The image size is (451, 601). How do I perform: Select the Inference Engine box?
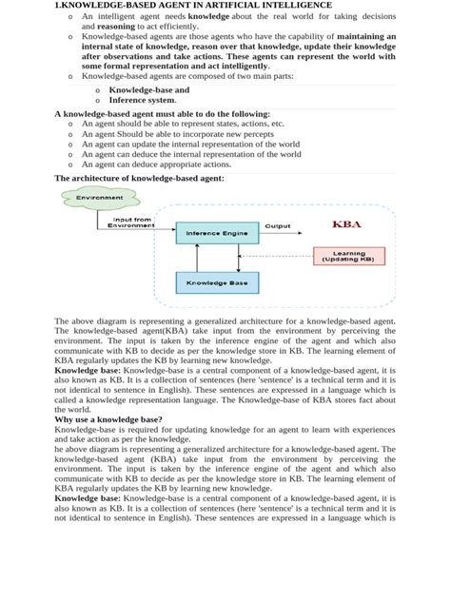[x=217, y=233]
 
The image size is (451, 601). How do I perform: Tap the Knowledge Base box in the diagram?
[x=217, y=282]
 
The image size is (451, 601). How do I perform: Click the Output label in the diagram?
[x=278, y=226]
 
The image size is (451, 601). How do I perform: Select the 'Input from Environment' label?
[x=130, y=222]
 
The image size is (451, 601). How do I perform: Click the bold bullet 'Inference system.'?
[x=142, y=100]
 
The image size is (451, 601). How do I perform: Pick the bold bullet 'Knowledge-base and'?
[x=148, y=89]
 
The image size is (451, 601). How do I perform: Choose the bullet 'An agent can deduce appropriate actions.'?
[x=159, y=164]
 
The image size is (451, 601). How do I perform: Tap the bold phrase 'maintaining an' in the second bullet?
[x=366, y=38]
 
